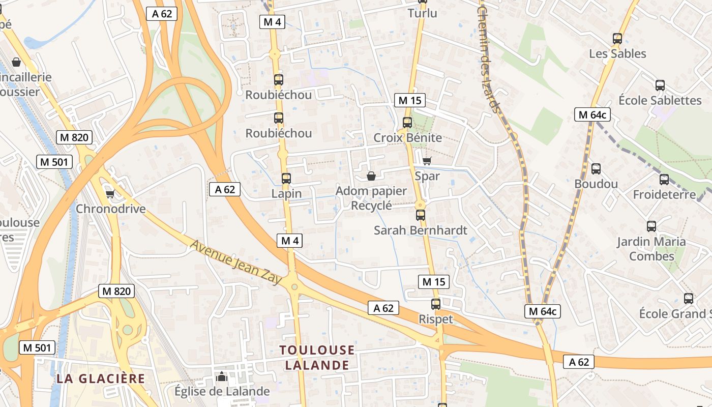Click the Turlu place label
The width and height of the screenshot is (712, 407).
pyautogui.click(x=422, y=13)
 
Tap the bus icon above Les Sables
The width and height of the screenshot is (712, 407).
pyautogui.click(x=617, y=39)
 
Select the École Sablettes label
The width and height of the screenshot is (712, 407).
pyautogui.click(x=660, y=100)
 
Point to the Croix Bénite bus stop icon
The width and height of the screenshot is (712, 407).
pyautogui.click(x=407, y=123)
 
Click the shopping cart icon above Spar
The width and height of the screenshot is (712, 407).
pyautogui.click(x=427, y=161)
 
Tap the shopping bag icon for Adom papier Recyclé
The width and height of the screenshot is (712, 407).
pyautogui.click(x=371, y=177)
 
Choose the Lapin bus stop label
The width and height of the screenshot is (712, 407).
pyautogui.click(x=286, y=194)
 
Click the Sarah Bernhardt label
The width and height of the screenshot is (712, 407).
pyautogui.click(x=420, y=230)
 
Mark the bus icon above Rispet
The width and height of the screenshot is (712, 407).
pyautogui.click(x=436, y=304)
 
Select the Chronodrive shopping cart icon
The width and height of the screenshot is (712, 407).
pyautogui.click(x=109, y=194)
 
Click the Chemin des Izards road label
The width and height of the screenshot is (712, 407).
pyautogui.click(x=489, y=56)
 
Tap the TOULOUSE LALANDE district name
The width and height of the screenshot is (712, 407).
pyautogui.click(x=317, y=357)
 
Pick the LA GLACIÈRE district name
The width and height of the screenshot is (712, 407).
pyautogui.click(x=101, y=379)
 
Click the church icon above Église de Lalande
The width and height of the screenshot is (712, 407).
pyautogui.click(x=222, y=377)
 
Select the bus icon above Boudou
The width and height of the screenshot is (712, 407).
pyautogui.click(x=596, y=169)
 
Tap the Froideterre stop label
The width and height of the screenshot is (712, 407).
pyautogui.click(x=664, y=194)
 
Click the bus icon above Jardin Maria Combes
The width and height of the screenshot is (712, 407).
pyautogui.click(x=651, y=226)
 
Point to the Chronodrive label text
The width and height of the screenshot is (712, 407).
pyautogui.click(x=110, y=209)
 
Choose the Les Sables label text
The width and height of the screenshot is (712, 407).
pyautogui.click(x=617, y=53)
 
